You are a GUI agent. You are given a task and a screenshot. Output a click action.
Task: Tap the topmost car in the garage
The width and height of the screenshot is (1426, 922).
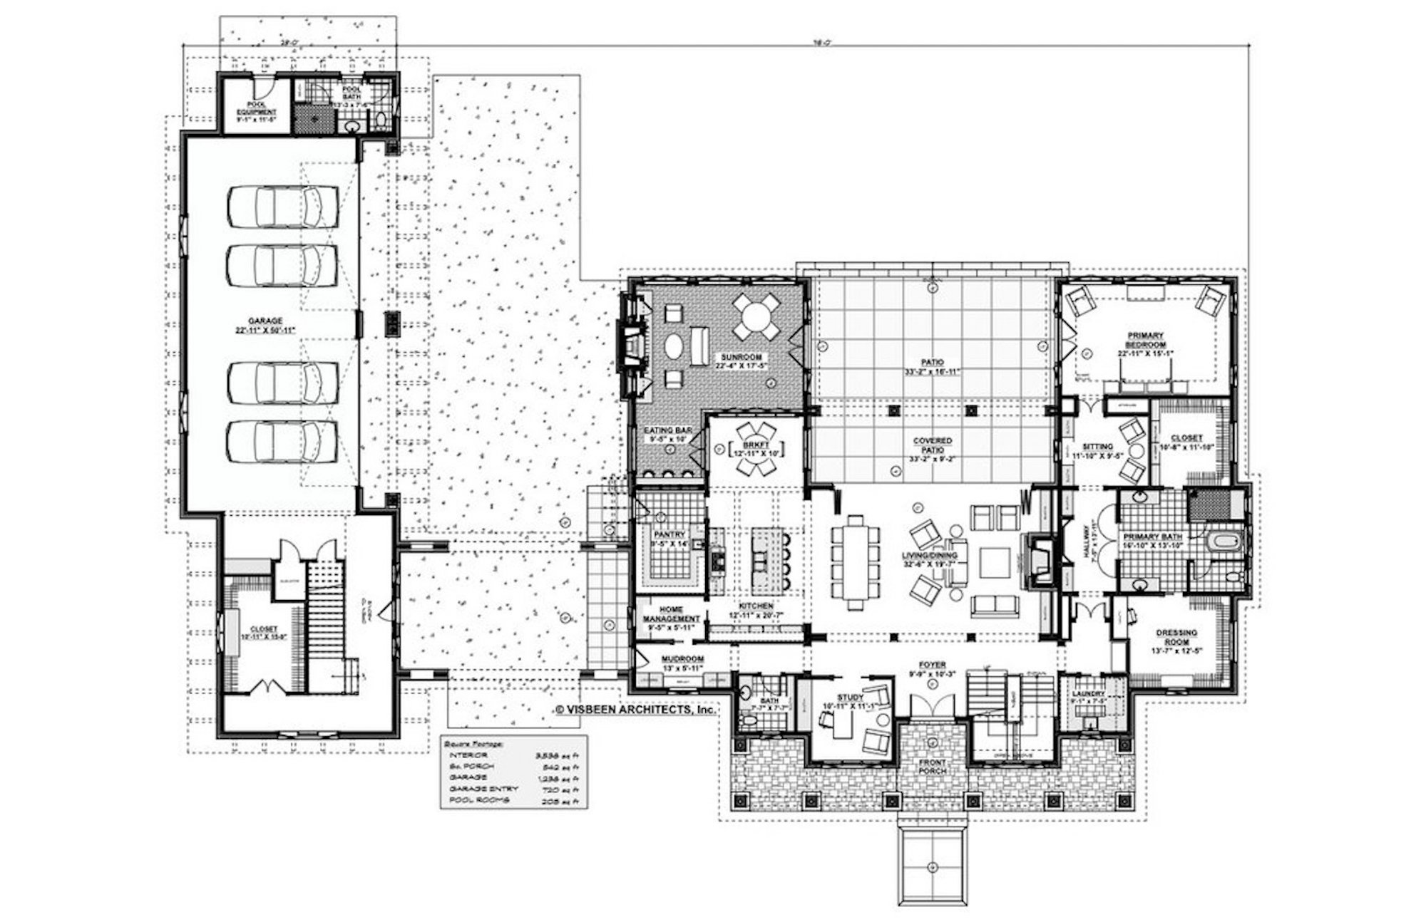pyautogui.click(x=282, y=205)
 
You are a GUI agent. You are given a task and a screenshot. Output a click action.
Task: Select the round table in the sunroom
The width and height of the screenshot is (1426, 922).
pyautogui.click(x=756, y=314)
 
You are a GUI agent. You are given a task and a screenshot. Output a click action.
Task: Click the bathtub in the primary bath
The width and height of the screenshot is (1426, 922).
pyautogui.click(x=1224, y=542)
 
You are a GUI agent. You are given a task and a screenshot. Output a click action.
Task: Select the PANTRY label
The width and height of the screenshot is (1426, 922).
pyautogui.click(x=670, y=534)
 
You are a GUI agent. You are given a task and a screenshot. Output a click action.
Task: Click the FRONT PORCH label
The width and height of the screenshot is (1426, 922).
pyautogui.click(x=932, y=767)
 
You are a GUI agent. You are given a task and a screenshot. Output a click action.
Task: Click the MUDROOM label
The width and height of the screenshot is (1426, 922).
pyautogui.click(x=682, y=659)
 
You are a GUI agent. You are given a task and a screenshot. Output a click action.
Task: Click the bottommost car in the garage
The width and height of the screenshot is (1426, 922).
pyautogui.click(x=282, y=440)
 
